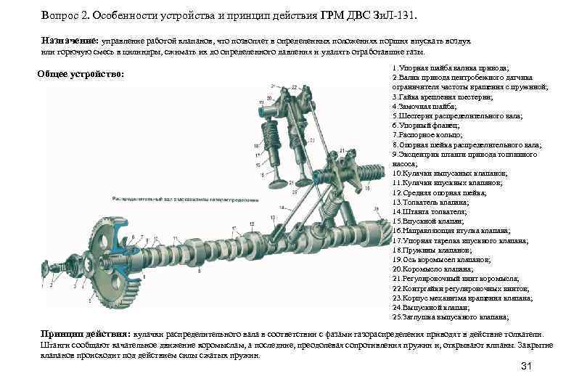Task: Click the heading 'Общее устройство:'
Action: click(81, 75)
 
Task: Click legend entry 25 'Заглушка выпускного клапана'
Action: click(449, 317)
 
